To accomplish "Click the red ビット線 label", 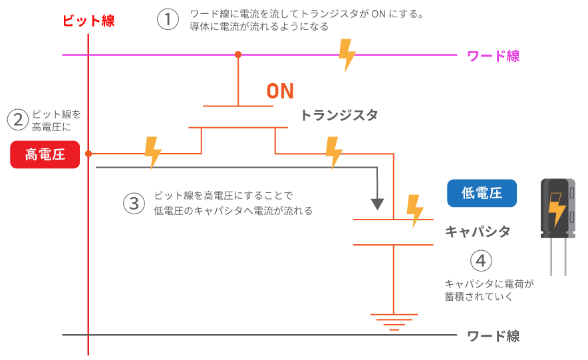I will point(88,21).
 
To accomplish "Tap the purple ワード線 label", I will point(493,56).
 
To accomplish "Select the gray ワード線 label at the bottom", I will point(493,336).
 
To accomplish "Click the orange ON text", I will point(280,91).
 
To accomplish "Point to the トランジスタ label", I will point(339,115).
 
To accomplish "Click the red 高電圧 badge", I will point(45,154).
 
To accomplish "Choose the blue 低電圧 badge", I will point(482,193).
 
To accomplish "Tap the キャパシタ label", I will point(478,232).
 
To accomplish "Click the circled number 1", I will point(168,19).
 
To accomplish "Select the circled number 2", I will point(17,120).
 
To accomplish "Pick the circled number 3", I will point(134,204).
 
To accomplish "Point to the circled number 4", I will point(481,260).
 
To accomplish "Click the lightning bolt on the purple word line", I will point(346,55).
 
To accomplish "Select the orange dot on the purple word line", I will point(238,55).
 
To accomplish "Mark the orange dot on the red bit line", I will point(88,154).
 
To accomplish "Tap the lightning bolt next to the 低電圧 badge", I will point(415,210).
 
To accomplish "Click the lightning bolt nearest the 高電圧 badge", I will point(153,152).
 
